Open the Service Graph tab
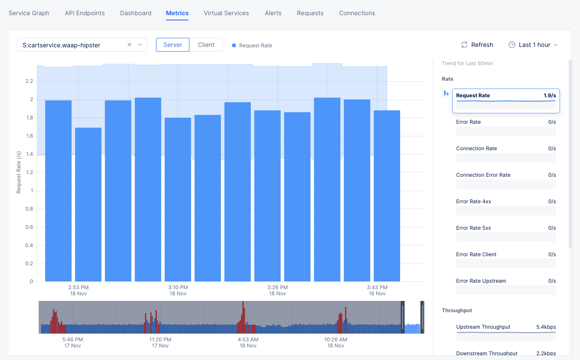click(29, 13)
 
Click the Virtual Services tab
click(226, 13)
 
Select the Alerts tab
click(273, 13)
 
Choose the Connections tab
click(357, 13)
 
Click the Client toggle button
click(206, 45)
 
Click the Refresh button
click(477, 45)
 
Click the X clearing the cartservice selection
click(129, 45)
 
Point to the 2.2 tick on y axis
click(29, 81)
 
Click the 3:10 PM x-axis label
click(178, 287)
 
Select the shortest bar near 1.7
click(88, 204)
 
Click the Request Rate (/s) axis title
click(19, 172)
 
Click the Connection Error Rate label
click(483, 175)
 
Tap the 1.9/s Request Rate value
click(550, 96)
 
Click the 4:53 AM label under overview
click(248, 340)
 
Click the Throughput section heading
click(457, 310)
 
